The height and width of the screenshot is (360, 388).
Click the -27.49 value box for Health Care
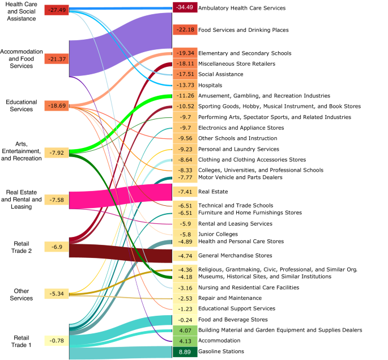pos(57,10)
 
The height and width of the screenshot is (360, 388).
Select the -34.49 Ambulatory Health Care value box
pos(185,8)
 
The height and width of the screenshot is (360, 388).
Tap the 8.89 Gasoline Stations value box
pos(185,351)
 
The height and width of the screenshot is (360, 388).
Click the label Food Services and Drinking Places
pos(243,29)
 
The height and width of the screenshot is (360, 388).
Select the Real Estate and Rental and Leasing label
pos(22,200)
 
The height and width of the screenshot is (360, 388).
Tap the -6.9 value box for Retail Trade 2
pos(57,247)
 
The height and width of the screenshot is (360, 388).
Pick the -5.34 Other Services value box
pos(57,293)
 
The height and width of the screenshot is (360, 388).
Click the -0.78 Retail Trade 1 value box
pos(57,340)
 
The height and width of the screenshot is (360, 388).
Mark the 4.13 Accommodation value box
pos(185,341)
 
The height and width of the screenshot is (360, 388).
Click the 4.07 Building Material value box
pos(185,330)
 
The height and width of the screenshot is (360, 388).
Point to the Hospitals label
pos(210,85)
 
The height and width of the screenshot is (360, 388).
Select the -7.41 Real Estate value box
pos(185,192)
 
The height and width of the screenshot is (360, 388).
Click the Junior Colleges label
pos(218,234)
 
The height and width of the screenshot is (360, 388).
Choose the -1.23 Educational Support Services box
pos(185,309)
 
